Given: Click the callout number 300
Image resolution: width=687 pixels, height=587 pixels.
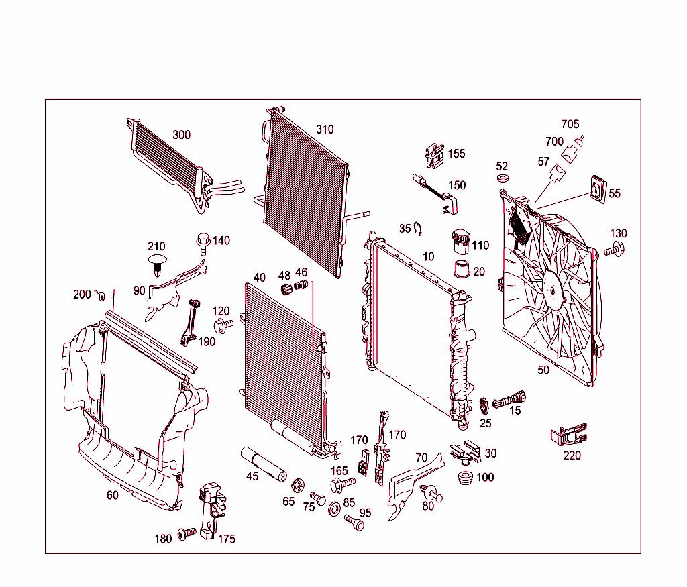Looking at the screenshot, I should point(181,135).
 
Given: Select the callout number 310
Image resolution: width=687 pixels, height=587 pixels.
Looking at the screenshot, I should point(325,129).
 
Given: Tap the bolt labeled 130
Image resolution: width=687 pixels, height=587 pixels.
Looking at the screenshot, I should point(613,250).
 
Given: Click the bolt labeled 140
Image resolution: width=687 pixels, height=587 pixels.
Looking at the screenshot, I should point(203,240).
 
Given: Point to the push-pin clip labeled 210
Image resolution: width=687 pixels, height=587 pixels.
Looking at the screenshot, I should point(157,262).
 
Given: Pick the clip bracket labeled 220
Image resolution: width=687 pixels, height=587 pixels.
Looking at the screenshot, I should point(569,435).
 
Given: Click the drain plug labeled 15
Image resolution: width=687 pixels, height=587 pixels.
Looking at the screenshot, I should point(510,400).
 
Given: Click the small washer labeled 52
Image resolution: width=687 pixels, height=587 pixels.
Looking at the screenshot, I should point(503,180).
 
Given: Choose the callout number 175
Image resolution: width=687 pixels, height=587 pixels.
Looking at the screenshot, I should point(227,539).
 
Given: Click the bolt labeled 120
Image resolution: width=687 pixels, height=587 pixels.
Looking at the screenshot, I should point(222,325).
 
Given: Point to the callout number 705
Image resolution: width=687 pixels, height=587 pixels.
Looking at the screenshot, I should point(570,124).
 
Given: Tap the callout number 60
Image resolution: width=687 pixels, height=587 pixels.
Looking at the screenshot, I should point(112,496).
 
